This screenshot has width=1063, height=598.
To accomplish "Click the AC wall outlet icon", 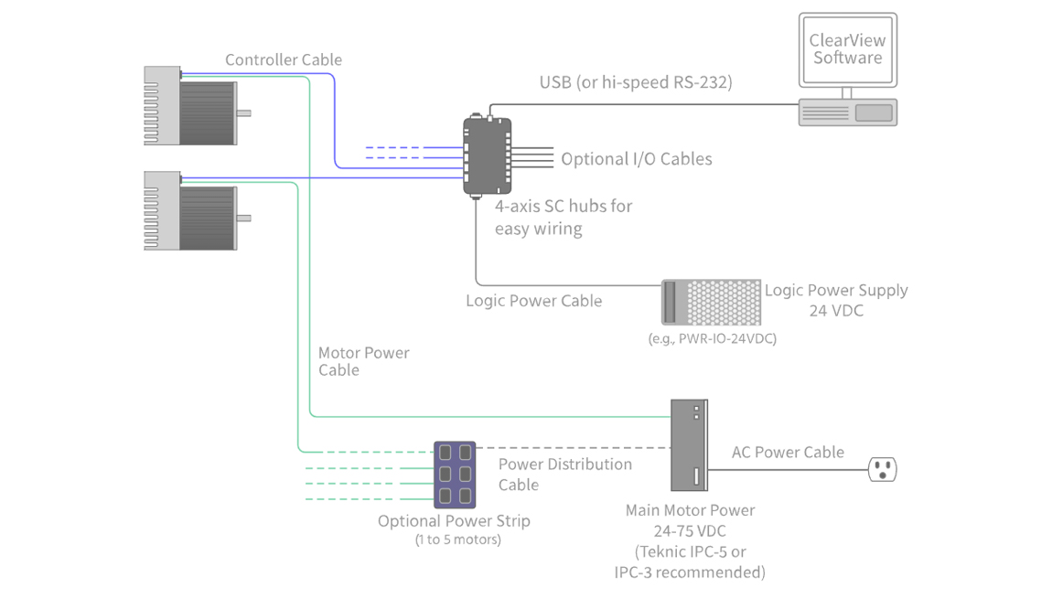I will click(882, 470).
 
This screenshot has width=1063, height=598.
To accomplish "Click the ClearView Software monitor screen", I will click(847, 49).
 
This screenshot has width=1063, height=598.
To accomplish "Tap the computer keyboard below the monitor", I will click(847, 112).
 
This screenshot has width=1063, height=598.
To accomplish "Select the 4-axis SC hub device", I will click(487, 155).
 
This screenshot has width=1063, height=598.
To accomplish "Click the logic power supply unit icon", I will click(711, 303).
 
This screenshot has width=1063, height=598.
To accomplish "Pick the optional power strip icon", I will click(455, 475).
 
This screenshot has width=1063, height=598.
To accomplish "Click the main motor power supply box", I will click(689, 445).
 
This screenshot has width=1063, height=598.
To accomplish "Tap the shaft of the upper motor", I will click(244, 113).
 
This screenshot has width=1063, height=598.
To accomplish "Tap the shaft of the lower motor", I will click(244, 219).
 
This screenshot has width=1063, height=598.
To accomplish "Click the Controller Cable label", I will click(284, 60).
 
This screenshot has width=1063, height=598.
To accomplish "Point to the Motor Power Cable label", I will click(363, 361).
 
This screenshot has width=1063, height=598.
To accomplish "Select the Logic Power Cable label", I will click(533, 301).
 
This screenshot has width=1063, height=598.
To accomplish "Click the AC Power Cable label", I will click(788, 453).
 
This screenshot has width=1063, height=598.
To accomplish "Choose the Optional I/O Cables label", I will click(636, 159).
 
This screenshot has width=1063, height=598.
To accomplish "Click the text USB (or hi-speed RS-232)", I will click(635, 82).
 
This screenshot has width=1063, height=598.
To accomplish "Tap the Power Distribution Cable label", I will click(564, 474).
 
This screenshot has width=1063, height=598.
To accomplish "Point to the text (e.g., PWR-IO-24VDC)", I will click(711, 339).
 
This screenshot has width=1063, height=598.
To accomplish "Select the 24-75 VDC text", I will click(690, 531).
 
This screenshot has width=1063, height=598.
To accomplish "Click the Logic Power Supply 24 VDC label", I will click(836, 300).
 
